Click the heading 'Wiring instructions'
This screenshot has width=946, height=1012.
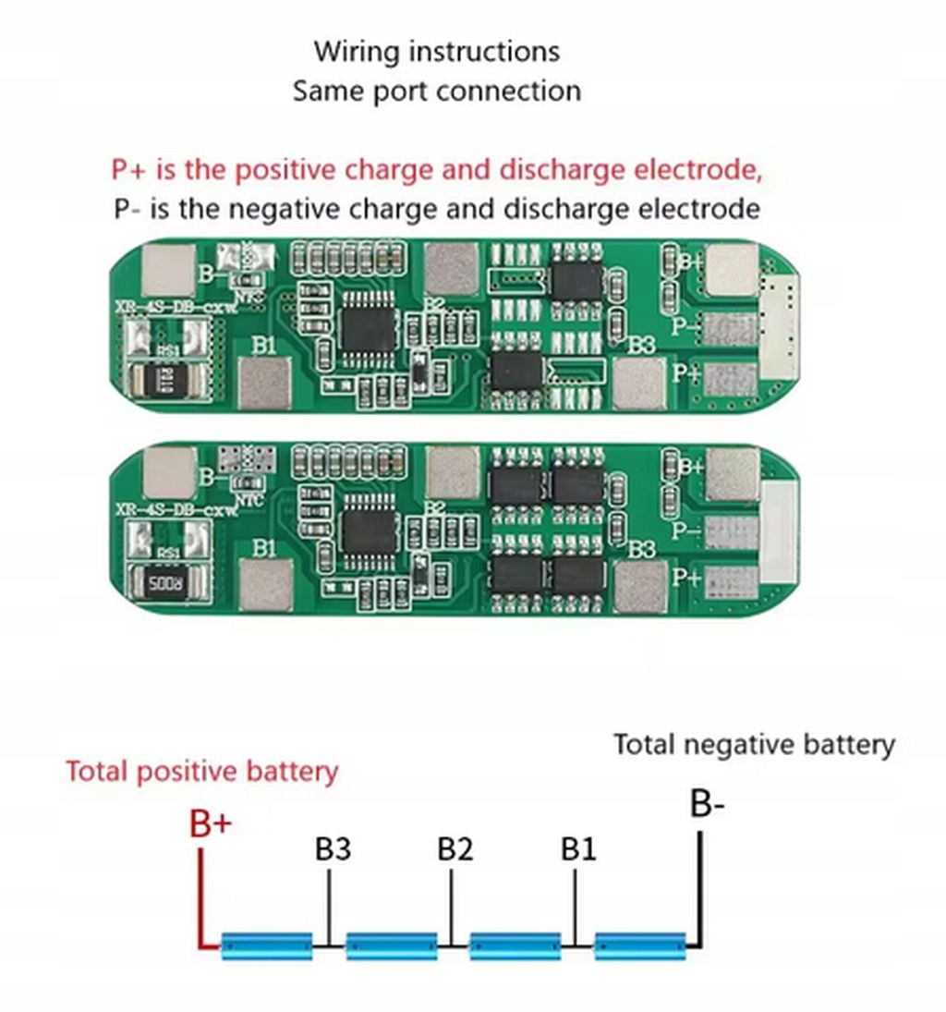[437, 51]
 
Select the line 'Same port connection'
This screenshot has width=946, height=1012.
[437, 91]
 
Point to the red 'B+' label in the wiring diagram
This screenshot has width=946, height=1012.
[211, 823]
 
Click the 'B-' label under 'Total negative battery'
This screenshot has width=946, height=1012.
[708, 805]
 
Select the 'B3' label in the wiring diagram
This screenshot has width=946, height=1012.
[333, 849]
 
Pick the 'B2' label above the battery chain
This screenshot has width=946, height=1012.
[455, 849]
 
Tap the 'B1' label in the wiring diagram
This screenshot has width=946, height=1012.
[579, 849]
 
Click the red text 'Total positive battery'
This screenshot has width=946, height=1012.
[201, 771]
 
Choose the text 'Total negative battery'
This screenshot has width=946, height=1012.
[754, 744]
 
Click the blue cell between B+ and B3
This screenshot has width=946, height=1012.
[267, 945]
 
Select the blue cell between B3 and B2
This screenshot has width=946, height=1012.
[391, 945]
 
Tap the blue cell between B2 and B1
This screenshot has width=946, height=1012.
[515, 945]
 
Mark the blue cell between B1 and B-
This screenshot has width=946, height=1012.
[639, 945]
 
